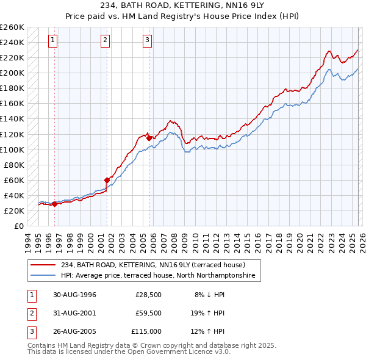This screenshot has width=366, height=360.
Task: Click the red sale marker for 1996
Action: tap(54, 204)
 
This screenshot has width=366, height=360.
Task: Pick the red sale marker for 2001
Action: tap(107, 180)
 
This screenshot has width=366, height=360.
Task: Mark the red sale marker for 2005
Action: tap(149, 138)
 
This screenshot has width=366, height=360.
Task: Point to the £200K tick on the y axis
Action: tap(13, 73)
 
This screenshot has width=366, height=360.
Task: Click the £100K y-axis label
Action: tap(13, 149)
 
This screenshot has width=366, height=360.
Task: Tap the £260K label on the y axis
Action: tap(13, 27)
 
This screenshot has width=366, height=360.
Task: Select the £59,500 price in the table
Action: tap(148, 313)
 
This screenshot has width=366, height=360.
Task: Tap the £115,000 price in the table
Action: tap(146, 331)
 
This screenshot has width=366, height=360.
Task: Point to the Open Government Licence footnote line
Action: tap(120, 351)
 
